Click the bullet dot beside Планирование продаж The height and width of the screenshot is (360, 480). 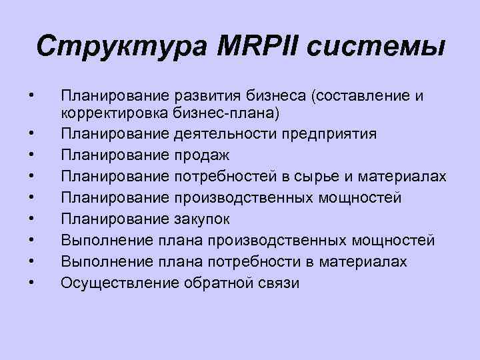[x=32, y=156]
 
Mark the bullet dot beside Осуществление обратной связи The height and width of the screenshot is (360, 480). [x=32, y=282]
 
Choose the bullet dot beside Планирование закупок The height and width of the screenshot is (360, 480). [x=32, y=219]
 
